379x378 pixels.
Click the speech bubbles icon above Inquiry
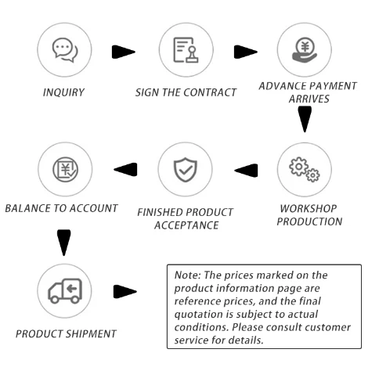click(65, 50)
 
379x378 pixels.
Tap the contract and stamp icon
click(186, 50)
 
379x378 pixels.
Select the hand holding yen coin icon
click(305, 50)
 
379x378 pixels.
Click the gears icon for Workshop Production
click(305, 170)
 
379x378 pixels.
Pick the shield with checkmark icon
click(186, 170)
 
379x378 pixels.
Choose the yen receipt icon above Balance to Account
click(65, 169)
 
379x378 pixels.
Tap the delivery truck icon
click(65, 291)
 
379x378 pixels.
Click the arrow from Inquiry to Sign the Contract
click(124, 52)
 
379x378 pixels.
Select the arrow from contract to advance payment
click(246, 52)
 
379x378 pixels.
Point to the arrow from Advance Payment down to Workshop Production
click(305, 119)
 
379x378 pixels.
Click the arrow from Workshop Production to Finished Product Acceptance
click(246, 171)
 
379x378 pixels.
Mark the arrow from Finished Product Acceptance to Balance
click(125, 170)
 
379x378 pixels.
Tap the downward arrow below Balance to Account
click(64, 243)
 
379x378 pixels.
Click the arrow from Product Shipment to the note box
click(125, 292)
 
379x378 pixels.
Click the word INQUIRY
click(63, 92)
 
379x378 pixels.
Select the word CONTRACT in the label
click(210, 92)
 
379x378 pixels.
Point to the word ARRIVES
click(309, 99)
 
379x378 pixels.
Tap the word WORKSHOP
click(309, 208)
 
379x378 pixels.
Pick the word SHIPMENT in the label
click(91, 334)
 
